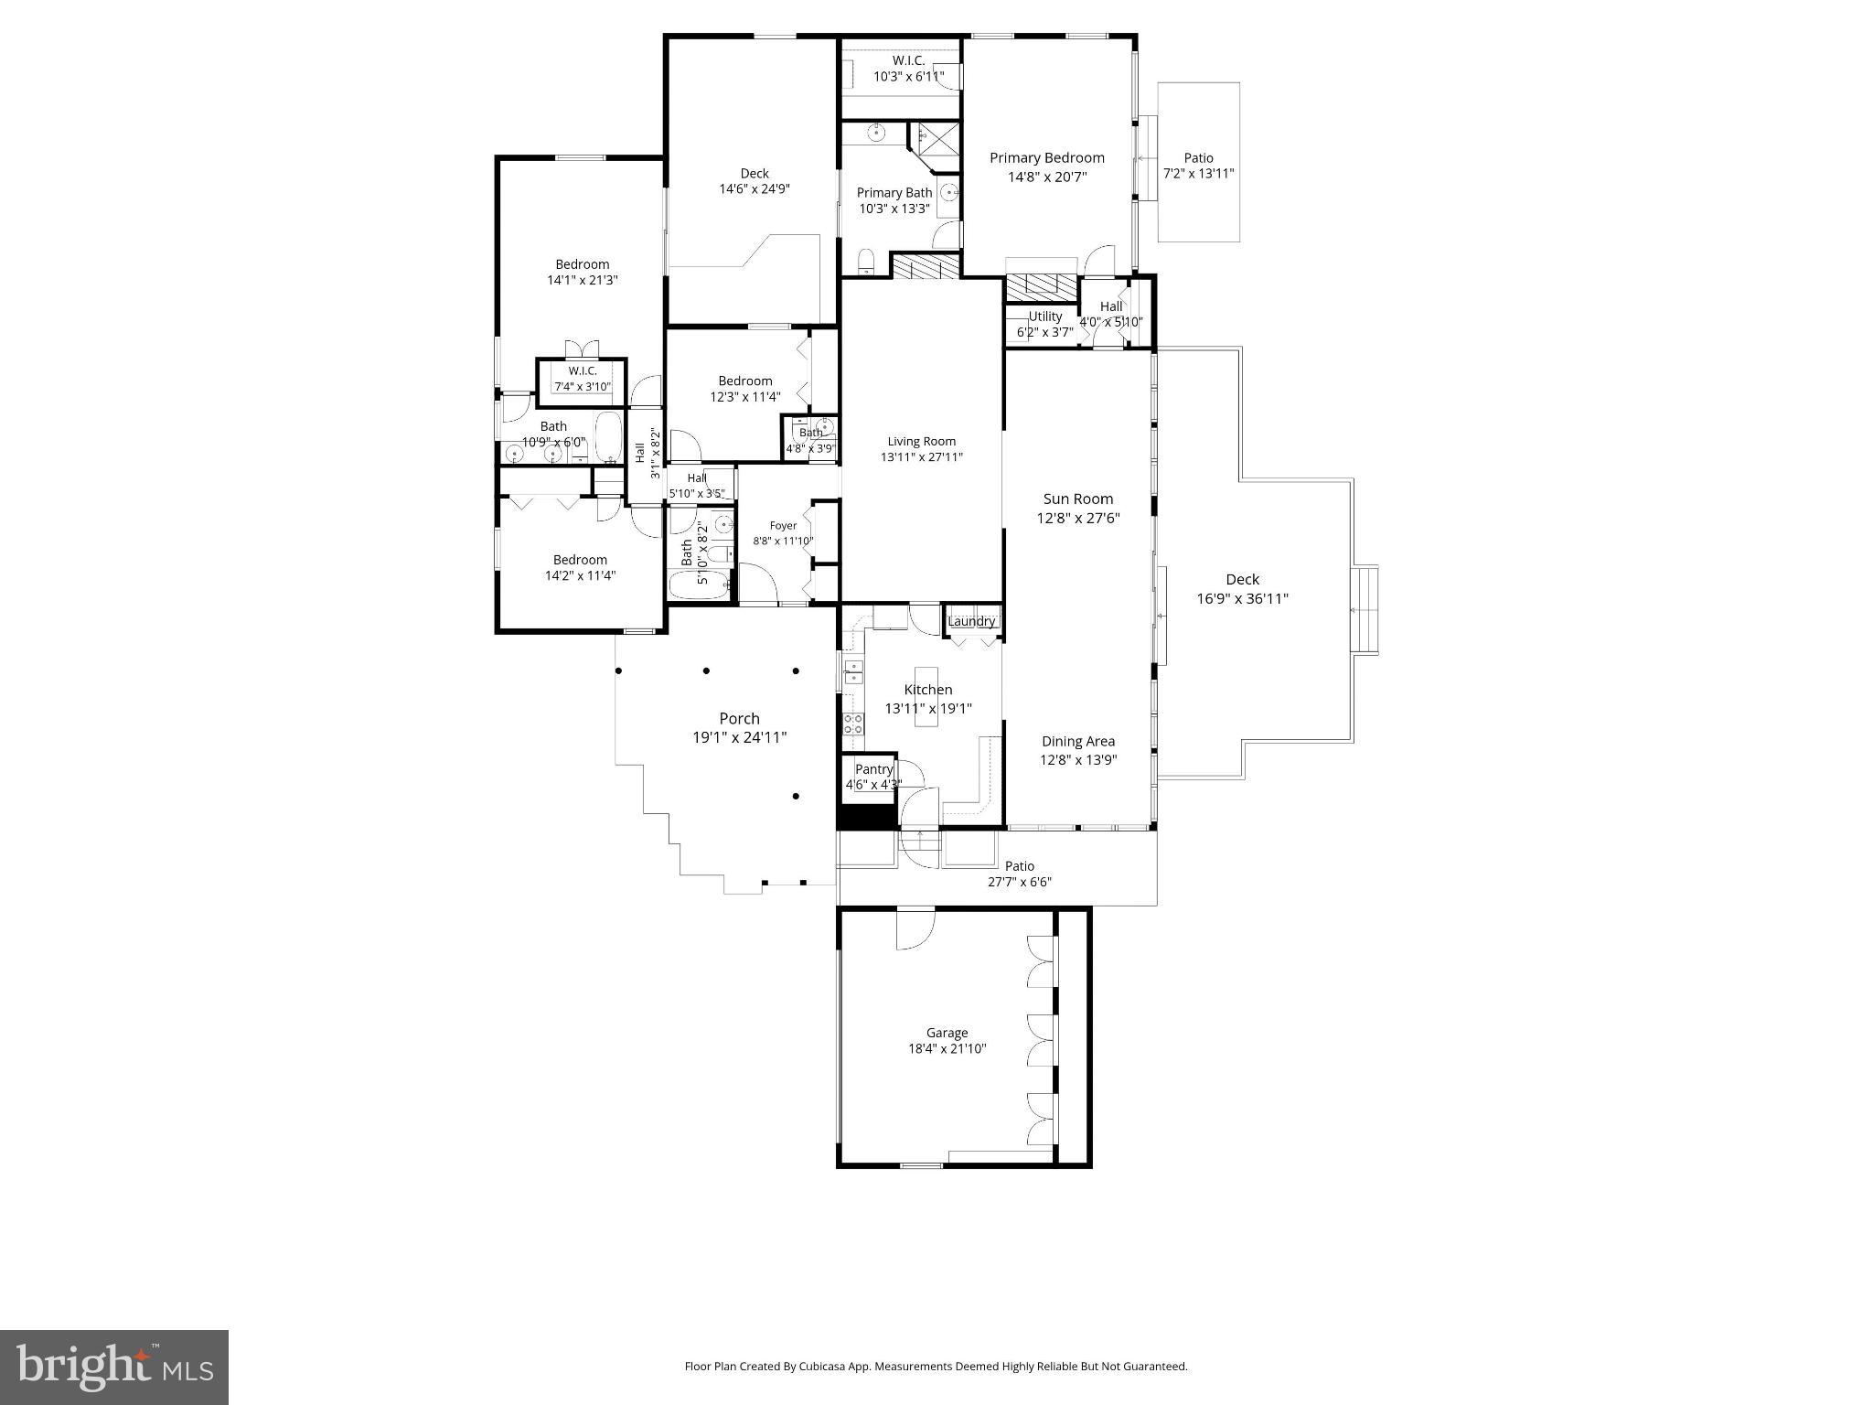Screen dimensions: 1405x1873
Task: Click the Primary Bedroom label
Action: (1046, 158)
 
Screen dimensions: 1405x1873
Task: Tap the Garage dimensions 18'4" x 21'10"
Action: (946, 1049)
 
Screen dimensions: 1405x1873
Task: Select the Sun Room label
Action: (1077, 499)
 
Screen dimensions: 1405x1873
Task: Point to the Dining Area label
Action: (1077, 742)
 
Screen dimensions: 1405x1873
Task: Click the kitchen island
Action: (926, 697)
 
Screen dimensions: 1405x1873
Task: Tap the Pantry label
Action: (873, 769)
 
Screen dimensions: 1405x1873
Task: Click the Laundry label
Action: (971, 622)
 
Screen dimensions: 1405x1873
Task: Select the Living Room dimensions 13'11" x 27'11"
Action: (921, 457)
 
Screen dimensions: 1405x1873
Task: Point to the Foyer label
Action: (783, 526)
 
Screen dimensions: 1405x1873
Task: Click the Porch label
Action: (739, 719)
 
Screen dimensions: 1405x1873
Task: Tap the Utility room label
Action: (1044, 316)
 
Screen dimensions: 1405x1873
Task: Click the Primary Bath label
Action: (894, 193)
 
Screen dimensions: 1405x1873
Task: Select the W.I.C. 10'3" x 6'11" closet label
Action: (908, 60)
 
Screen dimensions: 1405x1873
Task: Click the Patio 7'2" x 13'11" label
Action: (1198, 158)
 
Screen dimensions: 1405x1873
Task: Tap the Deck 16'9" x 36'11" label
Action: (1242, 580)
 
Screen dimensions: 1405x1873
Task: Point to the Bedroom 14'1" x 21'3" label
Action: (582, 264)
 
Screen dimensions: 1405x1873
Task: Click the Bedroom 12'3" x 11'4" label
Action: (744, 381)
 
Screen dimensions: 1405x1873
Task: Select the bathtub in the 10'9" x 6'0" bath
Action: (608, 436)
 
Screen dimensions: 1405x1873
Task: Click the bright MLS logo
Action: (114, 1367)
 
